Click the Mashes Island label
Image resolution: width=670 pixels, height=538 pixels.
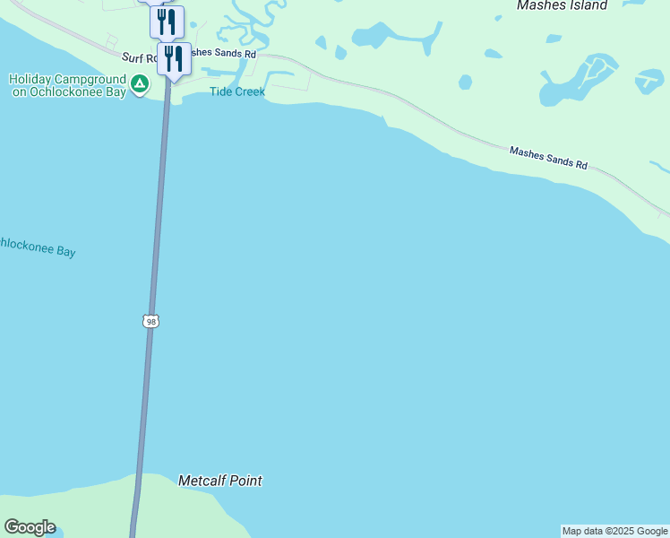point(562,6)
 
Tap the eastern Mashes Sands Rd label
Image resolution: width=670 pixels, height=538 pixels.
point(548,159)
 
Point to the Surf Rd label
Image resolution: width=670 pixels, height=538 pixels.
point(138,57)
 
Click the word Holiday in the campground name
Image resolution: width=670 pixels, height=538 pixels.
point(32,78)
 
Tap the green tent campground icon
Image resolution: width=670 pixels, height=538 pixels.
point(139,84)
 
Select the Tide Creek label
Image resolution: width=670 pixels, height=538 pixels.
point(237,91)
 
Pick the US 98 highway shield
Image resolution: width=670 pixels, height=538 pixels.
point(151,321)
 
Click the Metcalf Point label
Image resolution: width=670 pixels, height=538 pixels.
point(220,481)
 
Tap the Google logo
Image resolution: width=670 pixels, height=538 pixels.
point(30,527)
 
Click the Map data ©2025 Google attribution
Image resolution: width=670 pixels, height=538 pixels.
point(614,531)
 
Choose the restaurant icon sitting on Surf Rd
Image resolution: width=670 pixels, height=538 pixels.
point(174,59)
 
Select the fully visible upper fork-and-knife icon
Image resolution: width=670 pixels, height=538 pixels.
point(167,22)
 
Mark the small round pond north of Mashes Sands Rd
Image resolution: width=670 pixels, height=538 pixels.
point(465,82)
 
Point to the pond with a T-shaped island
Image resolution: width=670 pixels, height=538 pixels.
point(649,81)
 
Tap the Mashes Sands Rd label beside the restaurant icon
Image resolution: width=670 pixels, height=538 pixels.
point(223,54)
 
